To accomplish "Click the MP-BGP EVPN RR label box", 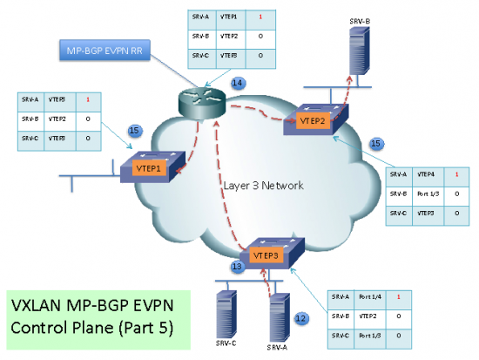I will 99,51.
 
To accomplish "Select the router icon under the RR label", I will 200,101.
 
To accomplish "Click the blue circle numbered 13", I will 236,266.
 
